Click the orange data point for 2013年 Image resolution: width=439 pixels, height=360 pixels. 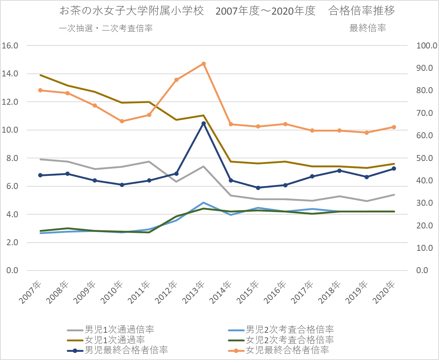point(204,64)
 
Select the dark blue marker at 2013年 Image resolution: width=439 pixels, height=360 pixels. point(204,123)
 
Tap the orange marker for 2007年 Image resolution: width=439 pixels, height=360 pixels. point(40,90)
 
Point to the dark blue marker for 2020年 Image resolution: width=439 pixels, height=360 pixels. point(394,168)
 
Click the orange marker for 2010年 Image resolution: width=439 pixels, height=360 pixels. point(122,121)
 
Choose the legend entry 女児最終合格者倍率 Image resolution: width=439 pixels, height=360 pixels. point(287,350)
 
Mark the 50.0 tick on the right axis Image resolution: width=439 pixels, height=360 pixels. point(425,158)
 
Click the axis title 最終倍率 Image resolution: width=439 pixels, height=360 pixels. point(367,28)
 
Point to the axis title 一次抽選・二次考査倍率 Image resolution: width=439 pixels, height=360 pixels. point(106,28)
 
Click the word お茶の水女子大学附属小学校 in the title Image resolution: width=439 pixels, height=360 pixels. point(132,11)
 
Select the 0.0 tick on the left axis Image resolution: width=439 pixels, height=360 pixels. point(12,271)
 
